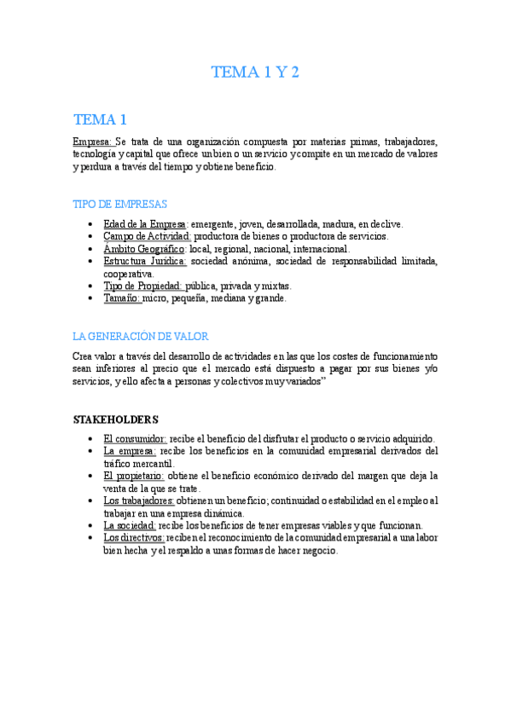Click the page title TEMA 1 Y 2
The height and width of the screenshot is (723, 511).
coord(255,72)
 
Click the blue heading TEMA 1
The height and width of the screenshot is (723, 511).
coord(100,119)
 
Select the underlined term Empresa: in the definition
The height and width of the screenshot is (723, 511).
coord(92,142)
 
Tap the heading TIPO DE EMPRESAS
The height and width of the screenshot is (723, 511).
coord(119,205)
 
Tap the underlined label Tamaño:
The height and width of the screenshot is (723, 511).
coord(122,298)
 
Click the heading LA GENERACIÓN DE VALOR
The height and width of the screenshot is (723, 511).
coord(141,336)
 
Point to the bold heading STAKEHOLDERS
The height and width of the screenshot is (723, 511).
coord(115,419)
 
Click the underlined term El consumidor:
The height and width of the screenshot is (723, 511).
coord(135,438)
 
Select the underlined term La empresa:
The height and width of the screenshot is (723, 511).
coord(130,450)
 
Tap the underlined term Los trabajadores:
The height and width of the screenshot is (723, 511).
coord(139,500)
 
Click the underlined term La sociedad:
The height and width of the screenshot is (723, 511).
coord(129,525)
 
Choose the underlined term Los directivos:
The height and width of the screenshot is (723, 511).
coord(134,538)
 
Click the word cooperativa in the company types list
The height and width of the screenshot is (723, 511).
coord(129,274)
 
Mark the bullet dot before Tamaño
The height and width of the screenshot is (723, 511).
coord(90,299)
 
